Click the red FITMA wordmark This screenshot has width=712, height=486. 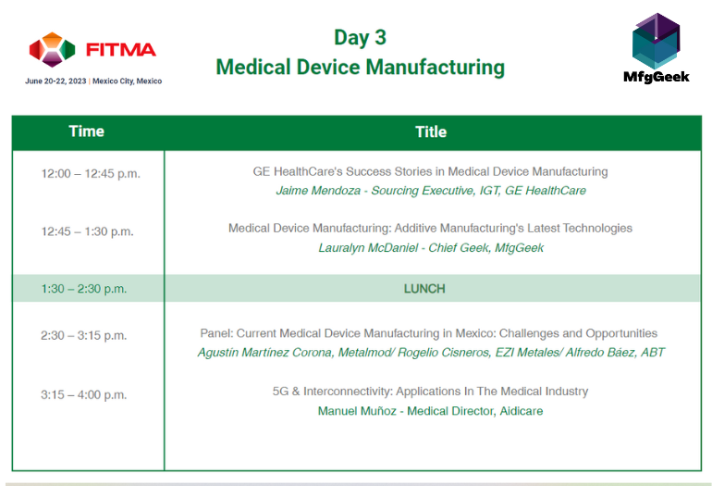point(119,49)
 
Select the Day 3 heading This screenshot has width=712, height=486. point(360,37)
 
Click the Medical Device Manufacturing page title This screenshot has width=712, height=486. point(360,68)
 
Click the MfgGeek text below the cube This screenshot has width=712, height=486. point(657,77)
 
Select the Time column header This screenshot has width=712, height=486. point(87,131)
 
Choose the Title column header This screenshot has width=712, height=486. point(431,131)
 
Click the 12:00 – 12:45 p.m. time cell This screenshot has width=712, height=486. point(91,173)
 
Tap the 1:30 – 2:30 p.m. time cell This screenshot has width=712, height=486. point(83,289)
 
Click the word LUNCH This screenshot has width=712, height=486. point(424,289)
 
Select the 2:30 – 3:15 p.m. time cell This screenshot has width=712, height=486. point(83,335)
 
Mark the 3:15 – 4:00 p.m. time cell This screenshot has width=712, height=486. point(83,394)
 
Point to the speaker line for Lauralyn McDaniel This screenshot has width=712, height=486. point(431,247)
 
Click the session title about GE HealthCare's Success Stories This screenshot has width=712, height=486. point(430,171)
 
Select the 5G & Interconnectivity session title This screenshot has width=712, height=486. point(430,392)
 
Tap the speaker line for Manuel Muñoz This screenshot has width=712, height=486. point(430,410)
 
